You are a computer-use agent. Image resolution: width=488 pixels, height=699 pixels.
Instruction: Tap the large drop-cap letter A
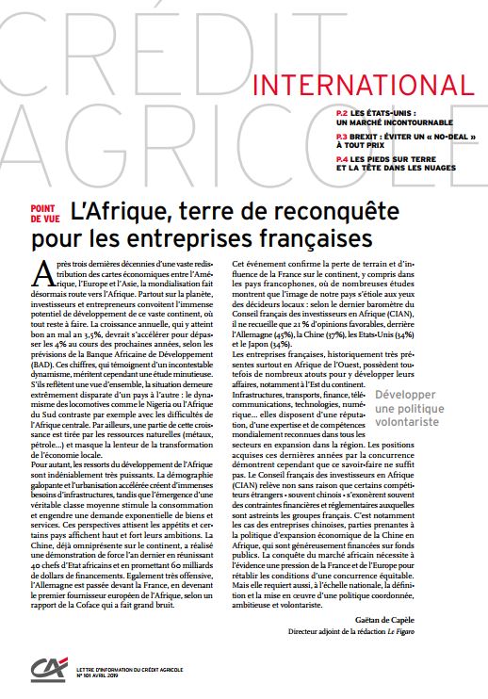pyautogui.click(x=41, y=273)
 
